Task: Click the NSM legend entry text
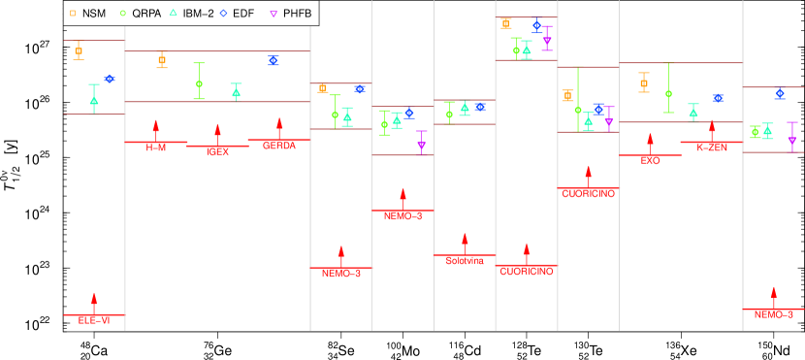pyautogui.click(x=94, y=14)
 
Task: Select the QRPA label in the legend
pyautogui.click(x=146, y=14)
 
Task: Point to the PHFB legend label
pyautogui.click(x=297, y=14)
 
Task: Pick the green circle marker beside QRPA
pyautogui.click(x=122, y=14)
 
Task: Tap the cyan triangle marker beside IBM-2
pyautogui.click(x=172, y=14)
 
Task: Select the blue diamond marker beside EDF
pyautogui.click(x=223, y=14)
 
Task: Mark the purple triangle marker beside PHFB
pyautogui.click(x=274, y=14)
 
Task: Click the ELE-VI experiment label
pyautogui.click(x=94, y=320)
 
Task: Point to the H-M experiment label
pyautogui.click(x=156, y=147)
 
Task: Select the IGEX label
pyautogui.click(x=218, y=151)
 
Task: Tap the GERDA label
pyautogui.click(x=279, y=146)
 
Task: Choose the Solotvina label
pyautogui.click(x=465, y=260)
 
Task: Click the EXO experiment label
pyautogui.click(x=650, y=160)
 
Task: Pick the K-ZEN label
pyautogui.click(x=712, y=147)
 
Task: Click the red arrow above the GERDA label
pyautogui.click(x=279, y=128)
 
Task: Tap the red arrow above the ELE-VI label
pyautogui.click(x=94, y=302)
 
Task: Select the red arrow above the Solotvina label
pyautogui.click(x=465, y=243)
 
